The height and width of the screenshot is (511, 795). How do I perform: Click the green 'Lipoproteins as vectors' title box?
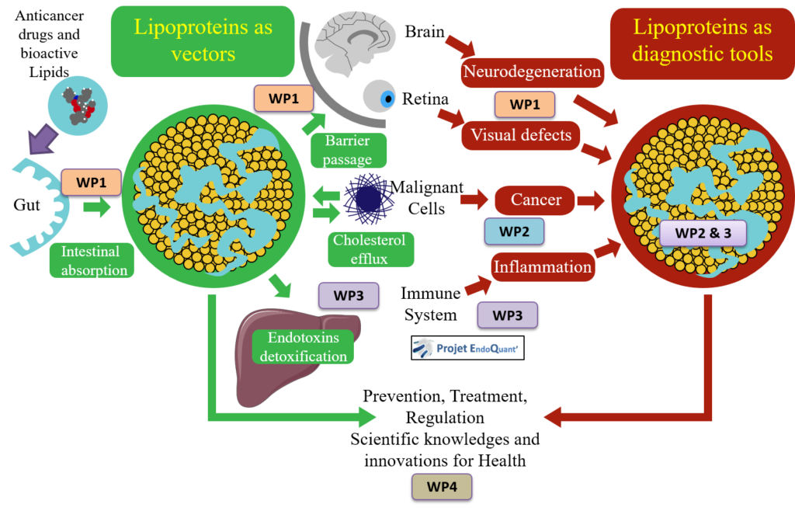point(203,41)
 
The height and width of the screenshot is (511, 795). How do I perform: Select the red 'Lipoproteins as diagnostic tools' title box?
point(703,43)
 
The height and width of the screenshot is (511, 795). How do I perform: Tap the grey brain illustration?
point(354,42)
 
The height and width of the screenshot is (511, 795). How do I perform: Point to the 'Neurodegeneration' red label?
point(532,72)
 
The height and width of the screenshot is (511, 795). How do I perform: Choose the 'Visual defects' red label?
point(521,135)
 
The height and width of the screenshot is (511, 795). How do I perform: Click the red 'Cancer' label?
point(536,200)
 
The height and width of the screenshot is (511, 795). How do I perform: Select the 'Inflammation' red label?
point(543,266)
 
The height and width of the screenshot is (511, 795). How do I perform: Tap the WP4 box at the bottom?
point(442,487)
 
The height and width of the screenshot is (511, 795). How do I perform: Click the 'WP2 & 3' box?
point(703,233)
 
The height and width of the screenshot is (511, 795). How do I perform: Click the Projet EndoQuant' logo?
point(467,348)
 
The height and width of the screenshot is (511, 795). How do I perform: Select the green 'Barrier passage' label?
point(349,150)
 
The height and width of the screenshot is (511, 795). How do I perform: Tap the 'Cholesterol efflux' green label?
point(370,249)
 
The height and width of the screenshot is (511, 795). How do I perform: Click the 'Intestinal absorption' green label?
point(92,261)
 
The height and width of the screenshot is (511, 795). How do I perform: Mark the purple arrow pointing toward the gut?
point(43,138)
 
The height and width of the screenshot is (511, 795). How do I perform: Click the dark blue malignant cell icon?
point(369,199)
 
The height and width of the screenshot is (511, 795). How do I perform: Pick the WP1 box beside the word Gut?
point(92,182)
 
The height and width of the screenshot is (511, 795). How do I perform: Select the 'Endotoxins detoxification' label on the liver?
point(304,346)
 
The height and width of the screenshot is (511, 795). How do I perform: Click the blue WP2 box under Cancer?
point(514,231)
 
